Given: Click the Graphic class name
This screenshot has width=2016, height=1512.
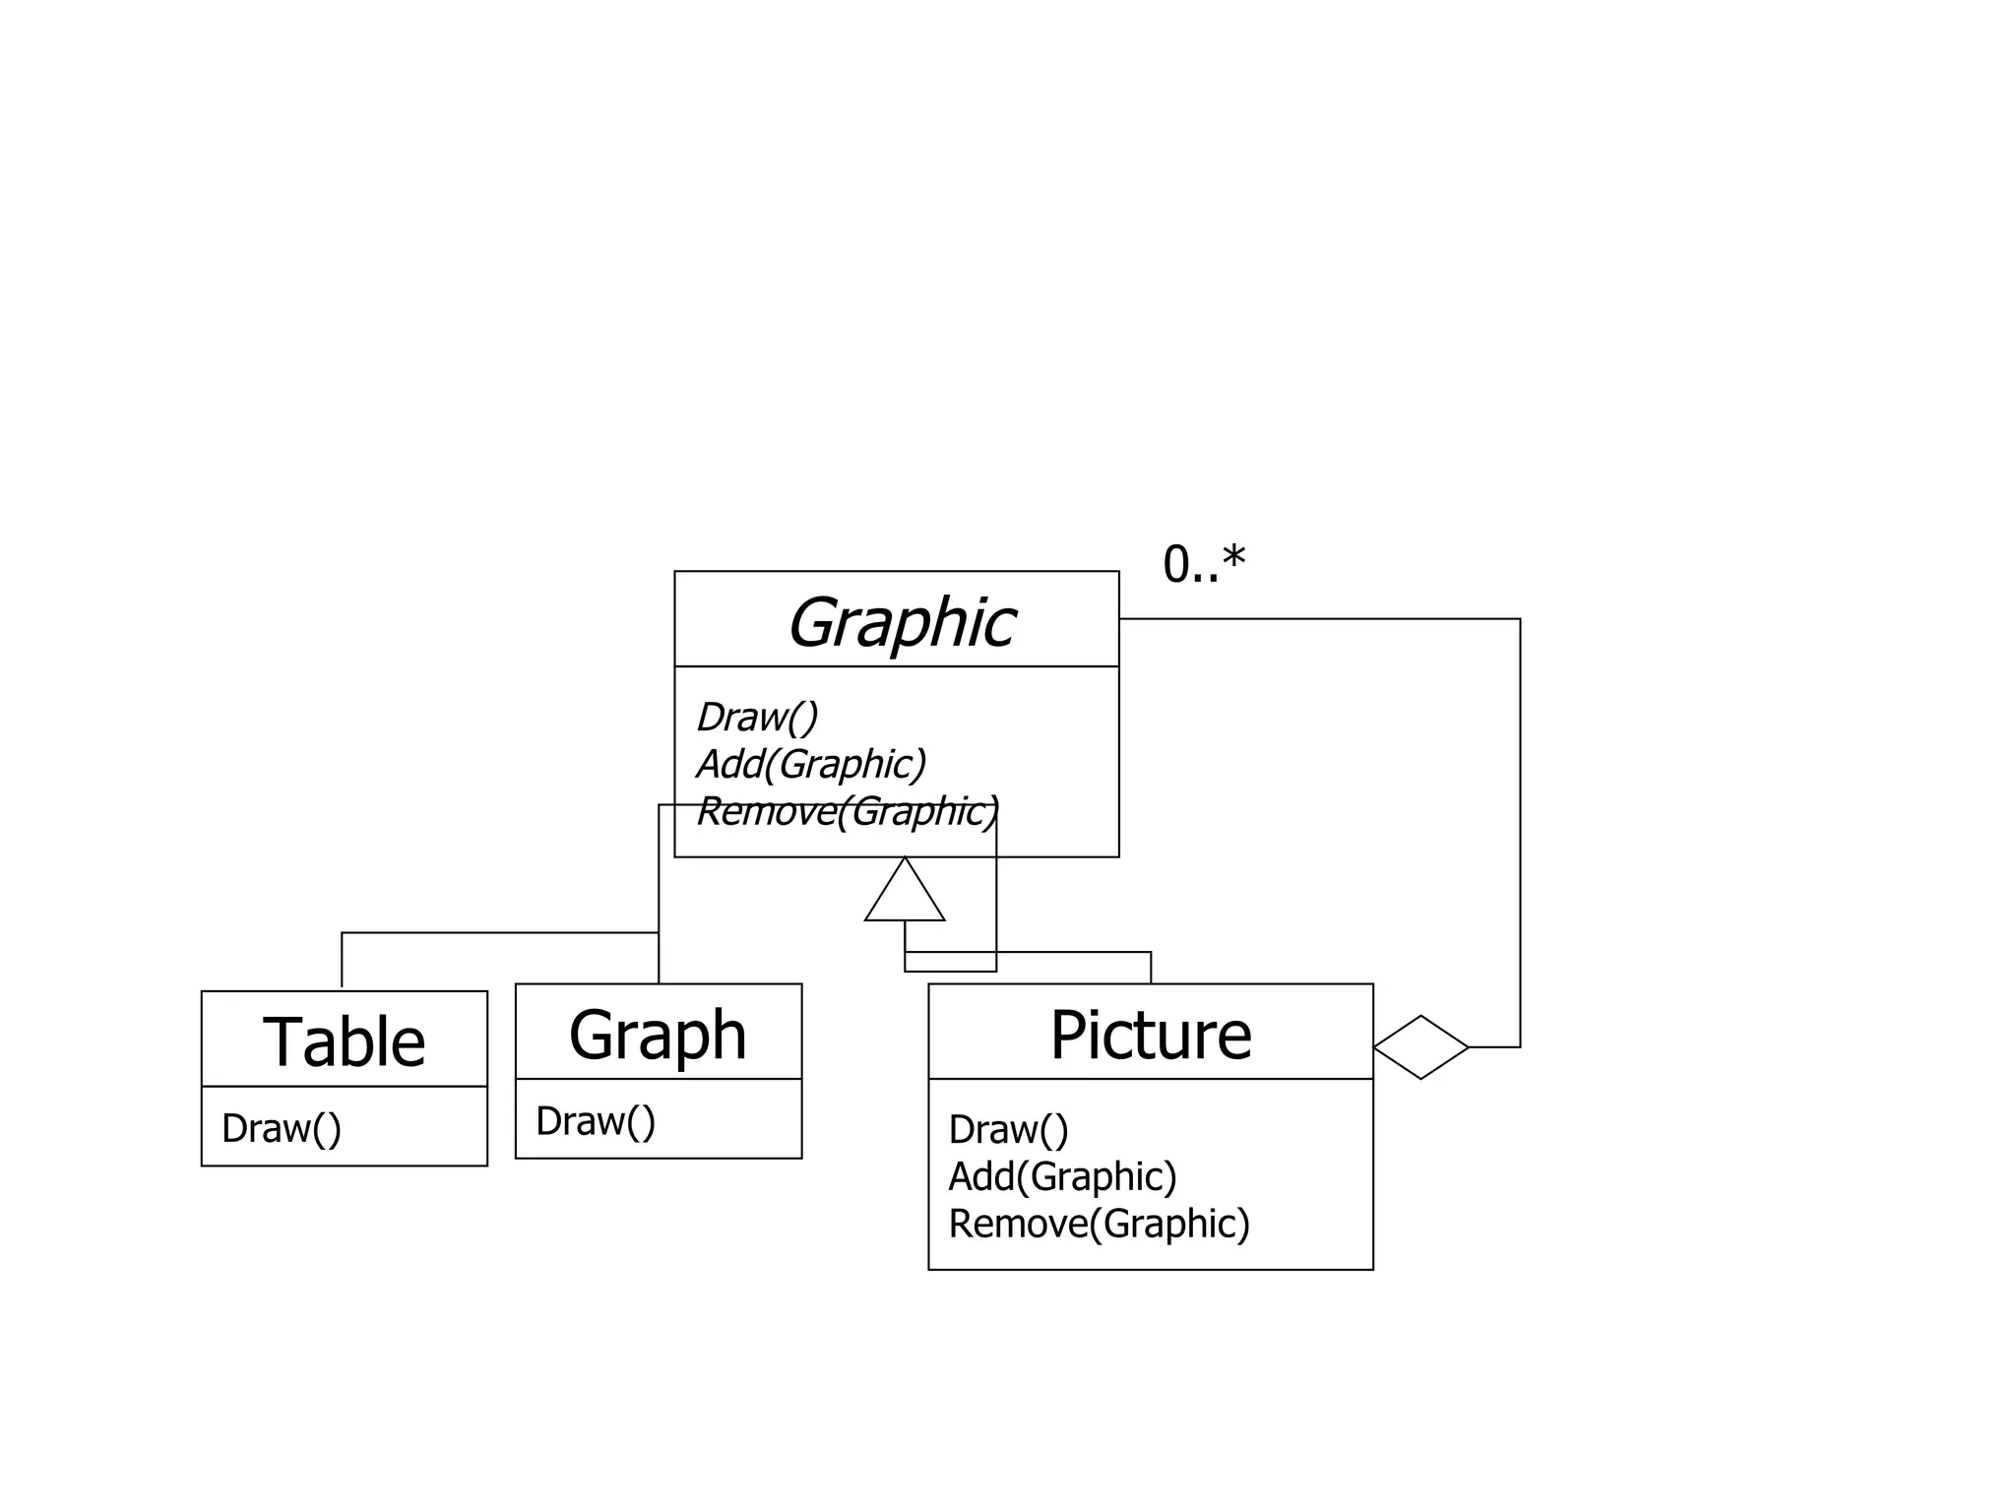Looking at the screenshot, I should (x=901, y=623).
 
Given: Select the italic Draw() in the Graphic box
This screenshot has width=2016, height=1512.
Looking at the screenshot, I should (x=756, y=717).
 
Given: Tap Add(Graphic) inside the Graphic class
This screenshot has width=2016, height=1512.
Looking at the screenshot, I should (x=811, y=764).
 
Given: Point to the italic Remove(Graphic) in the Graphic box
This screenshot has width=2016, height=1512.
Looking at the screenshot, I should (x=847, y=812).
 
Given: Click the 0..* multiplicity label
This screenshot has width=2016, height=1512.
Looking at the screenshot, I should (x=1203, y=565).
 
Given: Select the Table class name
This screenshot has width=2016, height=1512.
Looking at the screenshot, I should (x=345, y=1041).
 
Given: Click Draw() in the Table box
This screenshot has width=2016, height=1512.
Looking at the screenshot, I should (x=282, y=1128).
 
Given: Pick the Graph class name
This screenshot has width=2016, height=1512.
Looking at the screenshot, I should (x=658, y=1035).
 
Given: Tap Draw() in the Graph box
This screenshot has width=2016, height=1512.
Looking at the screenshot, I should (x=595, y=1121).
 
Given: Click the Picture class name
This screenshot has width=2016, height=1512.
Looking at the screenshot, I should (x=1150, y=1035).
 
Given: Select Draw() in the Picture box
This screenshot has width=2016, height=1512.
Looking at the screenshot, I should (x=1008, y=1129).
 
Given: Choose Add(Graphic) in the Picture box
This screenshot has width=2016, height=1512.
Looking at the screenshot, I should (x=1062, y=1176).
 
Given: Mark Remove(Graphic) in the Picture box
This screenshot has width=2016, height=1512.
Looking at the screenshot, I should (x=1099, y=1224).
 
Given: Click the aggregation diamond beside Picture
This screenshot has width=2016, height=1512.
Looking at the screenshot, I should (x=1420, y=1047).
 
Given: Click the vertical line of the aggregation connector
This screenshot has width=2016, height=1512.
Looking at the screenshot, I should (x=1520, y=837).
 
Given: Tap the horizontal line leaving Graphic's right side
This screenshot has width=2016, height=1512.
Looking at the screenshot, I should (x=1319, y=619).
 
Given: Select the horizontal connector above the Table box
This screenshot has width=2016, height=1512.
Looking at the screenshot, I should (x=492, y=932).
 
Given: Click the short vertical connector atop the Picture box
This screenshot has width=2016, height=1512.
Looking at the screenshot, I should (x=1151, y=968).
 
